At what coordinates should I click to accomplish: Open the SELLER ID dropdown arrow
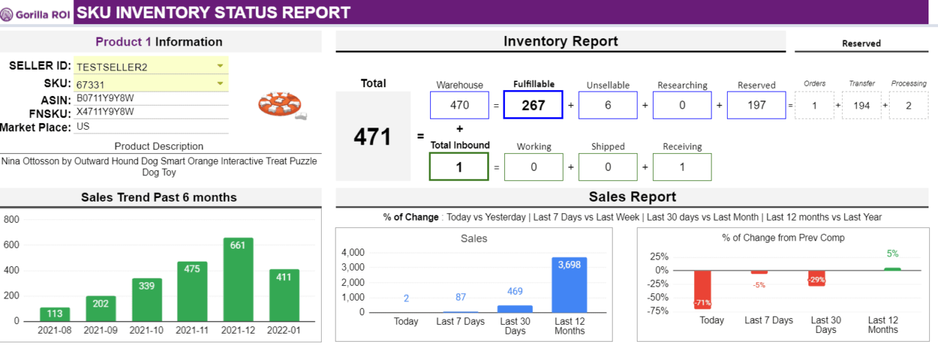pyautogui.click(x=220, y=66)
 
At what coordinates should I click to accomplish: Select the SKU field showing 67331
pyautogui.click(x=147, y=84)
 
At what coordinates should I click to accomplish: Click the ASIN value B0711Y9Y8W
pyautogui.click(x=106, y=98)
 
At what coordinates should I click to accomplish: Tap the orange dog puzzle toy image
pyautogui.click(x=281, y=106)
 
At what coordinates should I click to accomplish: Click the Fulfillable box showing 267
pyautogui.click(x=533, y=105)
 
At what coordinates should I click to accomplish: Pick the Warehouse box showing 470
pyautogui.click(x=459, y=105)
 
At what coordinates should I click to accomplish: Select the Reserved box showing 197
pyautogui.click(x=756, y=105)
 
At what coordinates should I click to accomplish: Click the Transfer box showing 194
pyautogui.click(x=862, y=105)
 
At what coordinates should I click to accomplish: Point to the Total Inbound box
pyautogui.click(x=459, y=166)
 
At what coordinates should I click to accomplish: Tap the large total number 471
pyautogui.click(x=372, y=136)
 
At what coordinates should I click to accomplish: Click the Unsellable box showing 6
pyautogui.click(x=608, y=105)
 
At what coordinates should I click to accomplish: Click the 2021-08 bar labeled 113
pyautogui.click(x=55, y=314)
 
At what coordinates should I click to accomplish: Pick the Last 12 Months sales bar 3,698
pyautogui.click(x=569, y=284)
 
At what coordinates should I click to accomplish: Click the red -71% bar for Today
pyautogui.click(x=703, y=290)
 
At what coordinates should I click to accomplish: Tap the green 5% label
pyautogui.click(x=892, y=254)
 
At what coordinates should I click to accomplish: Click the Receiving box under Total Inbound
pyautogui.click(x=682, y=166)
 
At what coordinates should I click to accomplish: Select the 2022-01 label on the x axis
pyautogui.click(x=284, y=331)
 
